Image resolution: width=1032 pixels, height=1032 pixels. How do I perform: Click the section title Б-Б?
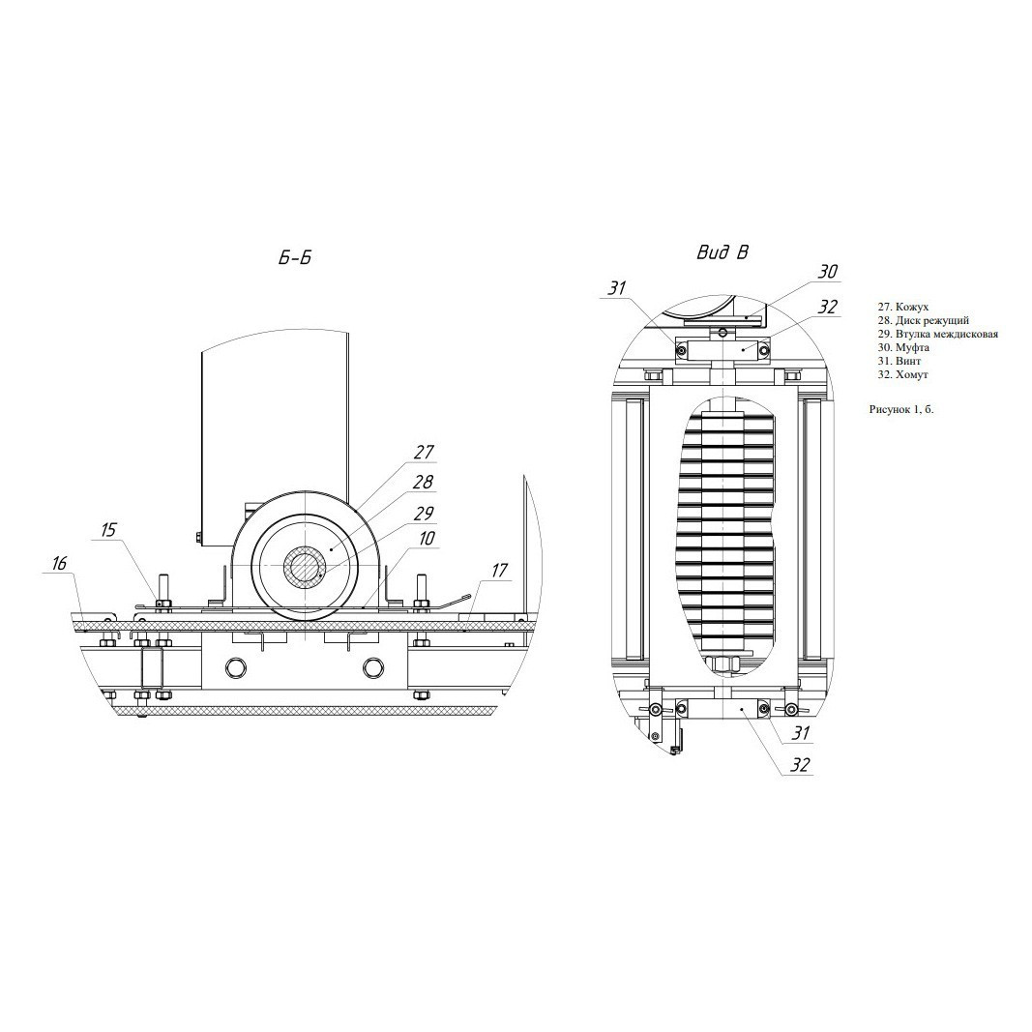pos(294,258)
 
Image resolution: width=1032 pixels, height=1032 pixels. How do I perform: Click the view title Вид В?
pos(722,252)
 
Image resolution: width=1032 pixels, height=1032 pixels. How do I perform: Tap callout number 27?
pos(424,452)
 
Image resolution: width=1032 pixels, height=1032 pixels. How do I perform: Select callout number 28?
pos(424,482)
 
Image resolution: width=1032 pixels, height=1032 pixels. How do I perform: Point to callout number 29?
pos(424,512)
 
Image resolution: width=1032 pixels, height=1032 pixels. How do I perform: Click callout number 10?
pos(427,539)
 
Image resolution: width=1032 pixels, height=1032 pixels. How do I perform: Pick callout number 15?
pos(108,529)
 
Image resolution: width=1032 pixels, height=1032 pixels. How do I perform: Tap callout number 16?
pos(59,563)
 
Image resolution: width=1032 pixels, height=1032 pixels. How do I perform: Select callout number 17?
pos(499,570)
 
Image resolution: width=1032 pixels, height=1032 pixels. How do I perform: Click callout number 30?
pos(828,272)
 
